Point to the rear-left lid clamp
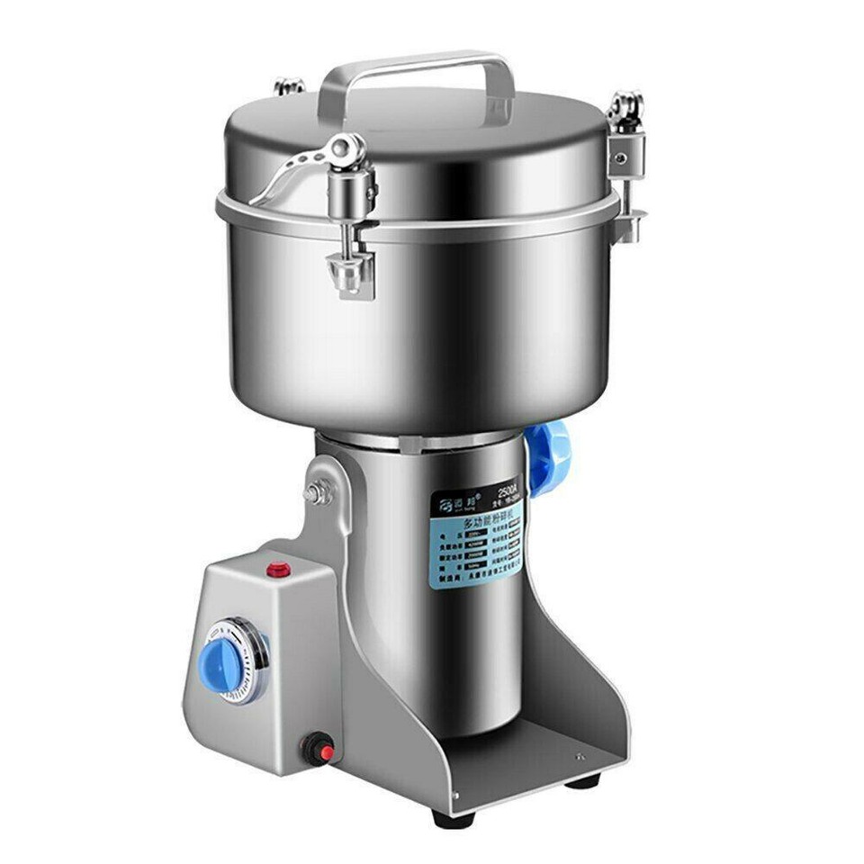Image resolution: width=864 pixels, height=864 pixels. [x=289, y=86]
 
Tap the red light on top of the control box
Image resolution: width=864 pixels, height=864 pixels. [x=279, y=569]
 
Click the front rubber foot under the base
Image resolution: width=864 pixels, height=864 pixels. [x=453, y=819]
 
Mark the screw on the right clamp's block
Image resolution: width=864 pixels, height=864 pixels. [x=620, y=157]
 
